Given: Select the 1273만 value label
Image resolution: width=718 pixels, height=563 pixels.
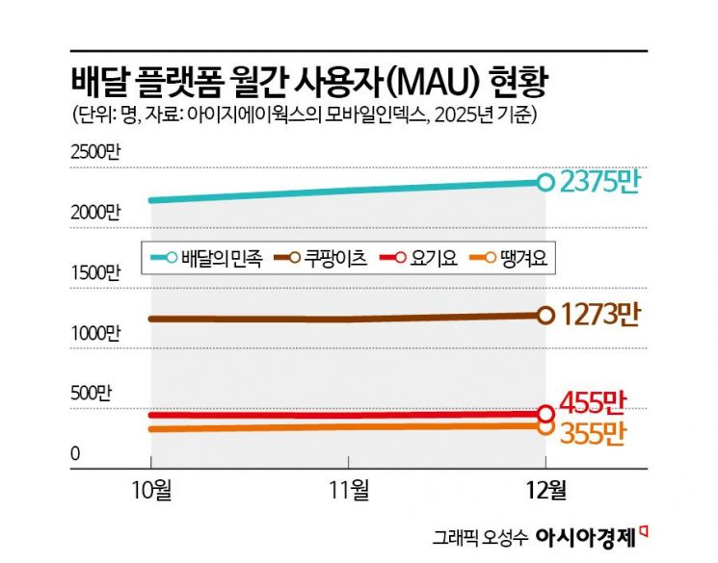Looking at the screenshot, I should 601,314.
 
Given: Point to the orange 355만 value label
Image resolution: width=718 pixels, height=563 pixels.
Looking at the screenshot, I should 595,434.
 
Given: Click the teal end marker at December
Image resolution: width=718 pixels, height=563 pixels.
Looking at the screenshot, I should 545,181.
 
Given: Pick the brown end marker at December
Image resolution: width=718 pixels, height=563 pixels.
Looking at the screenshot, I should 545,315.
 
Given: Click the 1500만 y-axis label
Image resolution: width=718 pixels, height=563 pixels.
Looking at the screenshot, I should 97,272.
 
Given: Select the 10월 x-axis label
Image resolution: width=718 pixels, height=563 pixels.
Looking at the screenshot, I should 151,489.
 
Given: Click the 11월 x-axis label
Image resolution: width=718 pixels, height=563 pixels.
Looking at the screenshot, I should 348,489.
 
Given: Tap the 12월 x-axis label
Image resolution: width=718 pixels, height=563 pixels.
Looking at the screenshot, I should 545,489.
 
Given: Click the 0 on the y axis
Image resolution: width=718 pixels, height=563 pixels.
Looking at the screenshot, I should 76,452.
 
